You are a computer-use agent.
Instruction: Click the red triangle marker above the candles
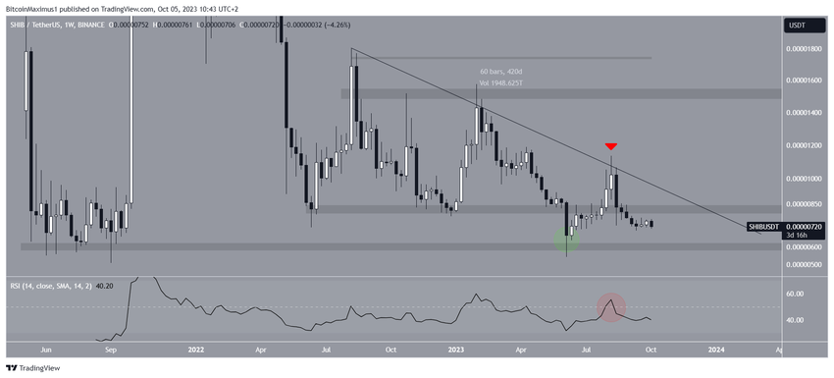tap(611, 145)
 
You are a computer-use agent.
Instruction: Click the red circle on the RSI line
tap(611, 306)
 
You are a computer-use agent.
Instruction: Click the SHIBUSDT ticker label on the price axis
tap(768, 226)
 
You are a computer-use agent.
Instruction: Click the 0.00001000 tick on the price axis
tap(804, 179)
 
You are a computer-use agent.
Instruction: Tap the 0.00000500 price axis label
tap(804, 263)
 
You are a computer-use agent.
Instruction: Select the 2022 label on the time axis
tap(195, 349)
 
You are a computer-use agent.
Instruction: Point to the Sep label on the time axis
tap(110, 349)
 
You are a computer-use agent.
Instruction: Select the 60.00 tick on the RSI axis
tap(797, 294)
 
